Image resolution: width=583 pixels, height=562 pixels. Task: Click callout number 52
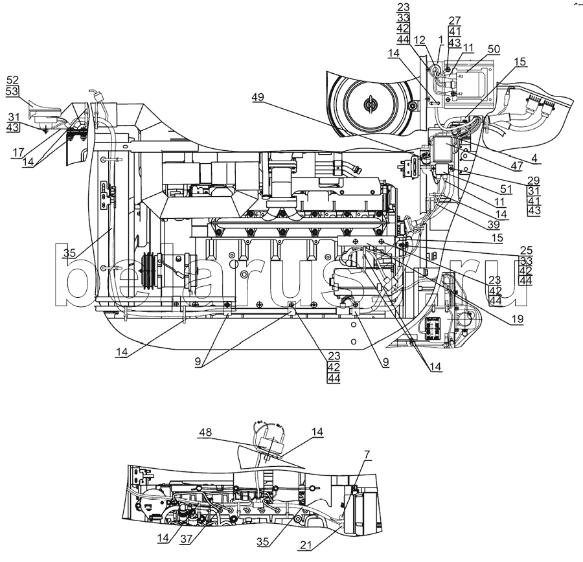point(13,80)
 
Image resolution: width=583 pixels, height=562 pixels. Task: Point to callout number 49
point(258,98)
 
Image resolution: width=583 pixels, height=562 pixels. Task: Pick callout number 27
point(454,20)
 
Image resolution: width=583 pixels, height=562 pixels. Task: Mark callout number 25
point(527,250)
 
